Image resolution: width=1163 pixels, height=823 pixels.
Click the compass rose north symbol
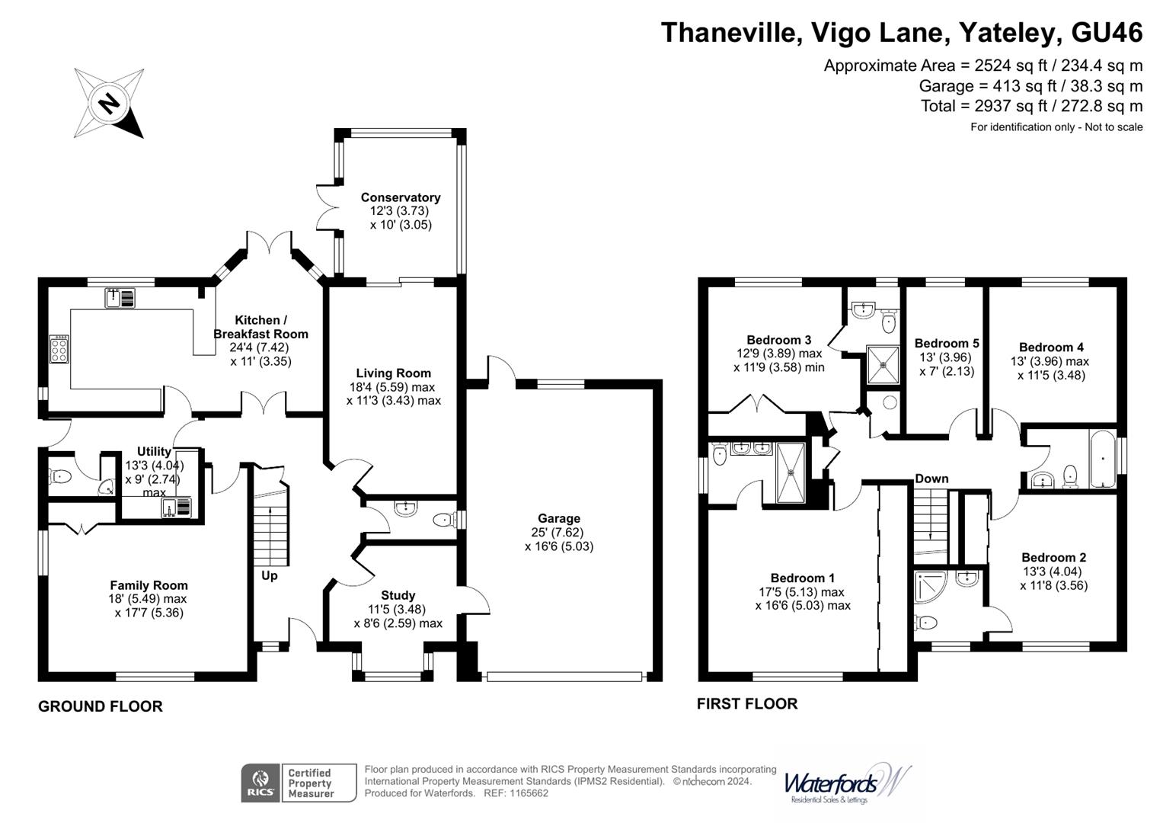(109, 103)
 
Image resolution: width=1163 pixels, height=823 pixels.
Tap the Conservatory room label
(401, 197)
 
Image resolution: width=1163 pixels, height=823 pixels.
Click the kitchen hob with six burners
(59, 349)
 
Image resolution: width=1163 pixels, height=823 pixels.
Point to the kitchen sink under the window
(120, 298)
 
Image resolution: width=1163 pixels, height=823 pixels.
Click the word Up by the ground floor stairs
(270, 575)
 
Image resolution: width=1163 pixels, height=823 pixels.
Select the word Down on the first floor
(931, 479)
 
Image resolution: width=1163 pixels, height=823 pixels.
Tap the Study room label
(398, 595)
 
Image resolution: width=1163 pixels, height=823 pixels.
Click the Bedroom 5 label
(947, 344)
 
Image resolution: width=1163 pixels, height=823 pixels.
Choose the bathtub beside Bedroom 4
(1102, 460)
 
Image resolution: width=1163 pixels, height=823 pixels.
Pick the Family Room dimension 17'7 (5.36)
(149, 613)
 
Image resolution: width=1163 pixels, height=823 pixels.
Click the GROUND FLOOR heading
(101, 706)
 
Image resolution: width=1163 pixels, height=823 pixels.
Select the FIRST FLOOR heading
(747, 704)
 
